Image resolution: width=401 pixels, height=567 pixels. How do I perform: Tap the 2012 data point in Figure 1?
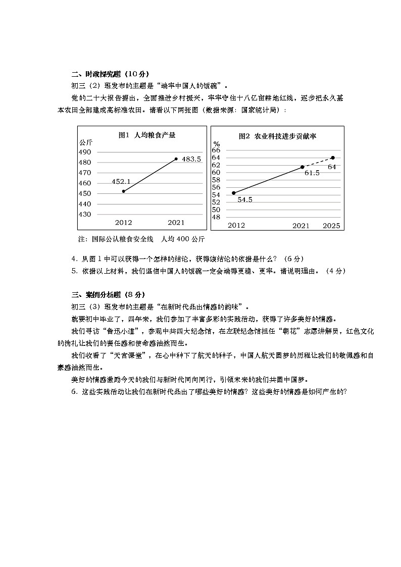124,191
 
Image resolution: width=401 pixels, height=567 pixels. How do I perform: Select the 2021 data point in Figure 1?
176,159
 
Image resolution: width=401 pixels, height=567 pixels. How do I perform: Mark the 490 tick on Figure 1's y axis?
85,152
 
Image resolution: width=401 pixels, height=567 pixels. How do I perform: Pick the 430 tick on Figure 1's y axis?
85,214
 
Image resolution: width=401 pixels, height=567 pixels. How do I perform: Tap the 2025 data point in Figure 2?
332,158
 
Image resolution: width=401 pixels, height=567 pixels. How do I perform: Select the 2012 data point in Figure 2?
233,193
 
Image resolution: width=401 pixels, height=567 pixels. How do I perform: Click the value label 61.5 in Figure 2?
312,173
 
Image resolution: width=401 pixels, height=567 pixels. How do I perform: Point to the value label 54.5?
244,200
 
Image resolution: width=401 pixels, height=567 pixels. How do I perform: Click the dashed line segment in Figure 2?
318,163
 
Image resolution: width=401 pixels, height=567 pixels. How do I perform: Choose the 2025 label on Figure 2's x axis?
332,225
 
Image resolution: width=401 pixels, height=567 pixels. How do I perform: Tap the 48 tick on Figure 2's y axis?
216,217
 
